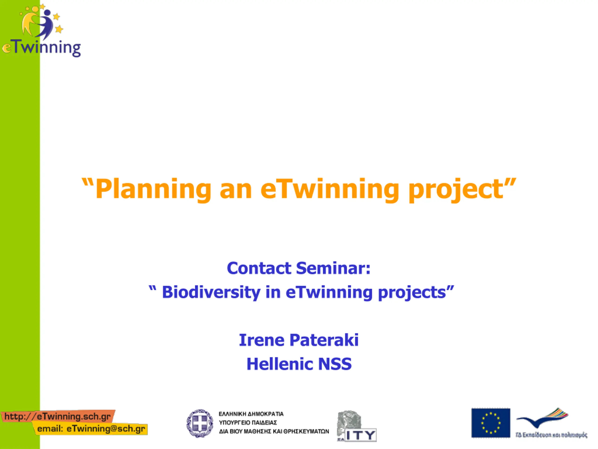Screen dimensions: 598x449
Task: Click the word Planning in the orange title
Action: point(153,190)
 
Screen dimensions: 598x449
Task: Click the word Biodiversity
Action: point(211,293)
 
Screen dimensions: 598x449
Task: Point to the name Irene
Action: point(262,340)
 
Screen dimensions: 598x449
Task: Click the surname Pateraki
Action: point(324,340)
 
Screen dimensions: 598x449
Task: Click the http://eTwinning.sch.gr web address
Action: point(58,416)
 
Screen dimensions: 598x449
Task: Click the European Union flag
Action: point(491,423)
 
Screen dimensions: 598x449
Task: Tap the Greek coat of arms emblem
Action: point(200,424)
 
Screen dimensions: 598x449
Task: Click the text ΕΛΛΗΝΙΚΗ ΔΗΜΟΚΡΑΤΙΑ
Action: point(251,414)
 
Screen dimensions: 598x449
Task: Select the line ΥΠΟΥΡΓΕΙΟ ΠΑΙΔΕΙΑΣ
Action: point(248,423)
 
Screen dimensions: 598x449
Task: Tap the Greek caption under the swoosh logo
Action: point(552,435)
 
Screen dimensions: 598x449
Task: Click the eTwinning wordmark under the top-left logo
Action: point(42,48)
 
